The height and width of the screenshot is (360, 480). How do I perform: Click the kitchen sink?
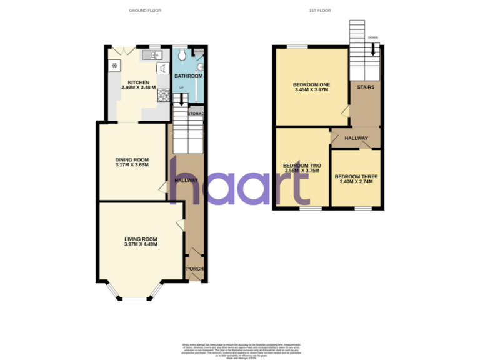151,56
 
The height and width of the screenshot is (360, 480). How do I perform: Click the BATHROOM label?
188,76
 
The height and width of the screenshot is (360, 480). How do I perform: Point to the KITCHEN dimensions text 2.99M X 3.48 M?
138,88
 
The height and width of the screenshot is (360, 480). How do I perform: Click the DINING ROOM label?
132,159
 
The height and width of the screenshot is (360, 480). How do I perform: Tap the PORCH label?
194,269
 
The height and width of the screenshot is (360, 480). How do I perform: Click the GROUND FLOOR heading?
143,11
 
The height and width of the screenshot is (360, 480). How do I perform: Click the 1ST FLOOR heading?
320,11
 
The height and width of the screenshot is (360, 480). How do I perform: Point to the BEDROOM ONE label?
311,84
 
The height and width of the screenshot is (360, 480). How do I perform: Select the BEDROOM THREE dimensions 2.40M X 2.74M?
356,182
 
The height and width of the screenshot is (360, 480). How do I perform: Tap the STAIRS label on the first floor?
366,87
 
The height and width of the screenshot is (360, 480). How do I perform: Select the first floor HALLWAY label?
356,138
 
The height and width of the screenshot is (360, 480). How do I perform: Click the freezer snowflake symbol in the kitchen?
115,65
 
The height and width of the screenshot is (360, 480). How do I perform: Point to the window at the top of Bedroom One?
297,47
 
